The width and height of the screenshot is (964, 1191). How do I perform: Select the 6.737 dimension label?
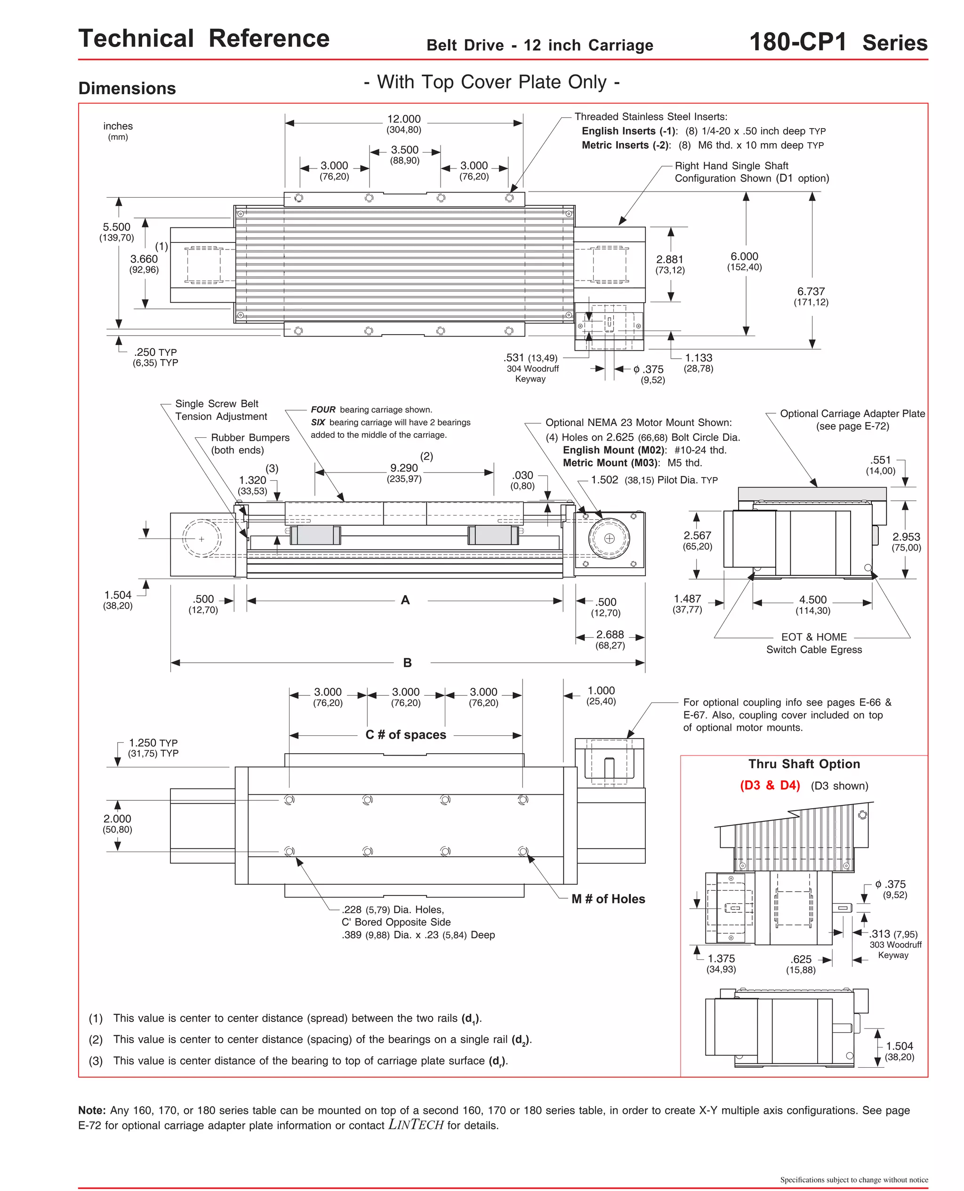coord(811,291)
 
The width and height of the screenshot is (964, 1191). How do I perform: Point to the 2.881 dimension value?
coord(670,259)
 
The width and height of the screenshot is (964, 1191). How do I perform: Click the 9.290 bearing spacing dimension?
coord(404,468)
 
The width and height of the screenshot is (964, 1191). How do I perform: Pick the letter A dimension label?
coord(405,600)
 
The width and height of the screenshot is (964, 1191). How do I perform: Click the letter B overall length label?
coord(407,662)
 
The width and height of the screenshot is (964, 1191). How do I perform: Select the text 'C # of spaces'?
coord(405,734)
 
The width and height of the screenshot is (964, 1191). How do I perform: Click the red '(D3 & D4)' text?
coord(770,785)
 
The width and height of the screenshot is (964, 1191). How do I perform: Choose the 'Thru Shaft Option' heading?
coord(803,764)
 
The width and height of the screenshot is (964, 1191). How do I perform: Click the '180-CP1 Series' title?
coord(838,42)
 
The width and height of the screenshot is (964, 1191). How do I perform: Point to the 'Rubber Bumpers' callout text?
coord(250,437)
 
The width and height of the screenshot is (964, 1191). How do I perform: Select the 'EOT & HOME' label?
coord(813,637)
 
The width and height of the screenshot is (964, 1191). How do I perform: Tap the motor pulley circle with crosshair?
coord(609,538)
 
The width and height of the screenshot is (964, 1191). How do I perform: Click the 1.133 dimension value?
coord(698,358)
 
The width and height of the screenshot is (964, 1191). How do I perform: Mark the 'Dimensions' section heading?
coord(127,89)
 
